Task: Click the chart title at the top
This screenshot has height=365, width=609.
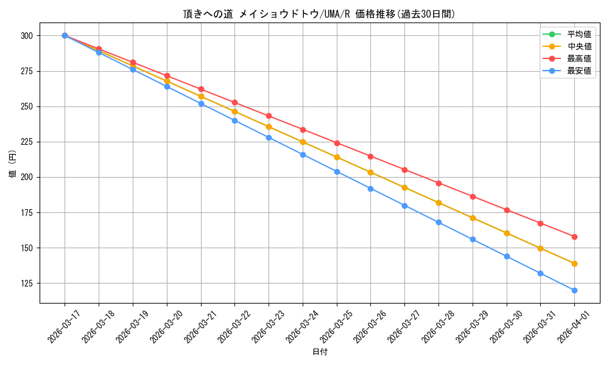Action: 319,14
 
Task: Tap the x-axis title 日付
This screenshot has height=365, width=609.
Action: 320,352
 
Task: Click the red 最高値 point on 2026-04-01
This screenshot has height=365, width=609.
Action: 574,237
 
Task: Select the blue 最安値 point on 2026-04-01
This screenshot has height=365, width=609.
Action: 574,290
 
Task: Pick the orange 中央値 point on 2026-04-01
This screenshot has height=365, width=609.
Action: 574,263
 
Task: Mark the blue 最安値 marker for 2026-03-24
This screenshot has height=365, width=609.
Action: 303,155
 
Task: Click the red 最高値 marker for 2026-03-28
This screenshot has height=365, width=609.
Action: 438,183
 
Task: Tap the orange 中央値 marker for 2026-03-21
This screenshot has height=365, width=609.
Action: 201,96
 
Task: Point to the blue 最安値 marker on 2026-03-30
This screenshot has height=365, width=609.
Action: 507,256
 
